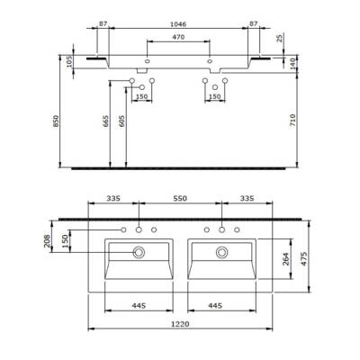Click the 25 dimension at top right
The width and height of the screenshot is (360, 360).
[281, 37]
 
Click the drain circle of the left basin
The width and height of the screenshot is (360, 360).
[138, 253]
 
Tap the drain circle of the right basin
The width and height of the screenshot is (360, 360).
[219, 253]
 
